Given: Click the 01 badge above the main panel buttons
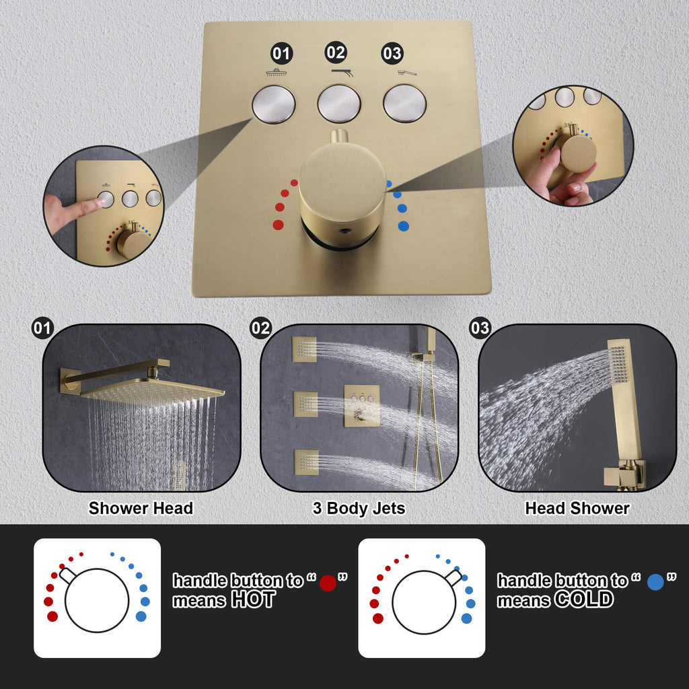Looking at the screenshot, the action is coord(281,54).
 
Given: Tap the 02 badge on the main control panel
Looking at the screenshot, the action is coord(336,52).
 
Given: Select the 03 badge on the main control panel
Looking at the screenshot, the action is coord(392,54).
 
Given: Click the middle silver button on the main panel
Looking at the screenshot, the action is coord(339,104).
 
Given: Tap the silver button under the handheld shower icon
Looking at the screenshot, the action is coord(404,104).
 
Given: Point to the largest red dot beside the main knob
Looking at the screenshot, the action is coord(278,225).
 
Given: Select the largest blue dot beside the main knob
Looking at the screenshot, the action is coord(404,226).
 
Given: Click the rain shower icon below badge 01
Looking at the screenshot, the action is coord(277,73).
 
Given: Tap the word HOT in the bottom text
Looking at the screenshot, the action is coord(254,600).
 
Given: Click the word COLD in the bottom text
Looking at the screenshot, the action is coord(584,600).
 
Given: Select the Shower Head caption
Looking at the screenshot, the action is coord(141,508).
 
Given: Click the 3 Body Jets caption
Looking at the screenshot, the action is coord(359,509).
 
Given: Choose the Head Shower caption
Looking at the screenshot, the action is coord(577,508).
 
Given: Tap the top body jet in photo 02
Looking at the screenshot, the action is coord(305,349).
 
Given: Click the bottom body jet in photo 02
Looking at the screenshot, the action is coord(306,462).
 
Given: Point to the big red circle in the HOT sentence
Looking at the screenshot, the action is coord(328,583).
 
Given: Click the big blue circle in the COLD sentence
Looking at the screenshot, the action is coord(655,582).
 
